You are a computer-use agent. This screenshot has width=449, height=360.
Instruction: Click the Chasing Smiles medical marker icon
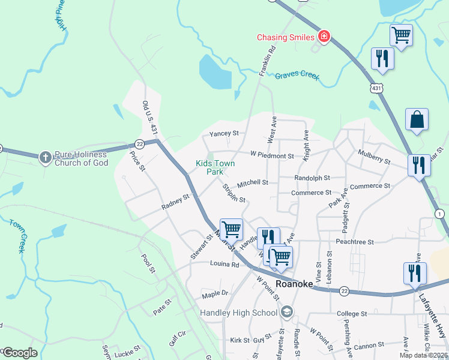pyautogui.click(x=324, y=37)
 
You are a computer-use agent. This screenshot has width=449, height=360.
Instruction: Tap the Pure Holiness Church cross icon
pyautogui.click(x=45, y=158)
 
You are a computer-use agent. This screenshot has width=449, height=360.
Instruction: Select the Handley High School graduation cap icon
pyautogui.click(x=287, y=312)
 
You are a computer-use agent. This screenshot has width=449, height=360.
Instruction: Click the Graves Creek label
pyautogui.click(x=297, y=76)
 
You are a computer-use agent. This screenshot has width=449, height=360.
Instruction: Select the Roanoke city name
pyautogui.click(x=294, y=284)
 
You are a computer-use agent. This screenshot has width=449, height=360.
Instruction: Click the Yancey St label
pyautogui.click(x=224, y=133)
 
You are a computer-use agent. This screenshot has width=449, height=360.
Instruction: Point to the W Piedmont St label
pyautogui.click(x=272, y=155)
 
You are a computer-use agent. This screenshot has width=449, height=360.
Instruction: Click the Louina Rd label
pyautogui.click(x=224, y=264)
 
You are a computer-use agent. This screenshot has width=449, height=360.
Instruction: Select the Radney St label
pyautogui.click(x=175, y=201)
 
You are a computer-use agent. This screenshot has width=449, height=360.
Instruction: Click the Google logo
pyautogui.click(x=19, y=353)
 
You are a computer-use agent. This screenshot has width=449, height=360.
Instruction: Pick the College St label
pyautogui.click(x=352, y=314)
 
